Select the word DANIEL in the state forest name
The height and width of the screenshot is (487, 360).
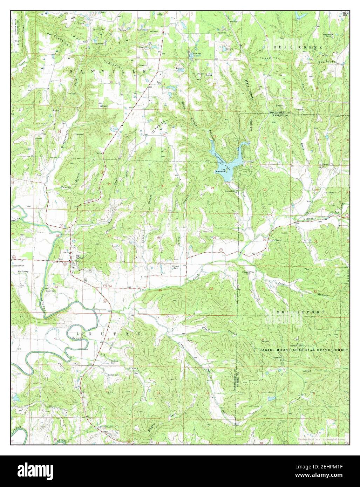[x=270, y=350]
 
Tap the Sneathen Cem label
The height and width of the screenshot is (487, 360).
[x=18, y=265]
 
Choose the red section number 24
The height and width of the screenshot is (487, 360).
[x=213, y=188]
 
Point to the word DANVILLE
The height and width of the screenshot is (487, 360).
[x=108, y=71]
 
